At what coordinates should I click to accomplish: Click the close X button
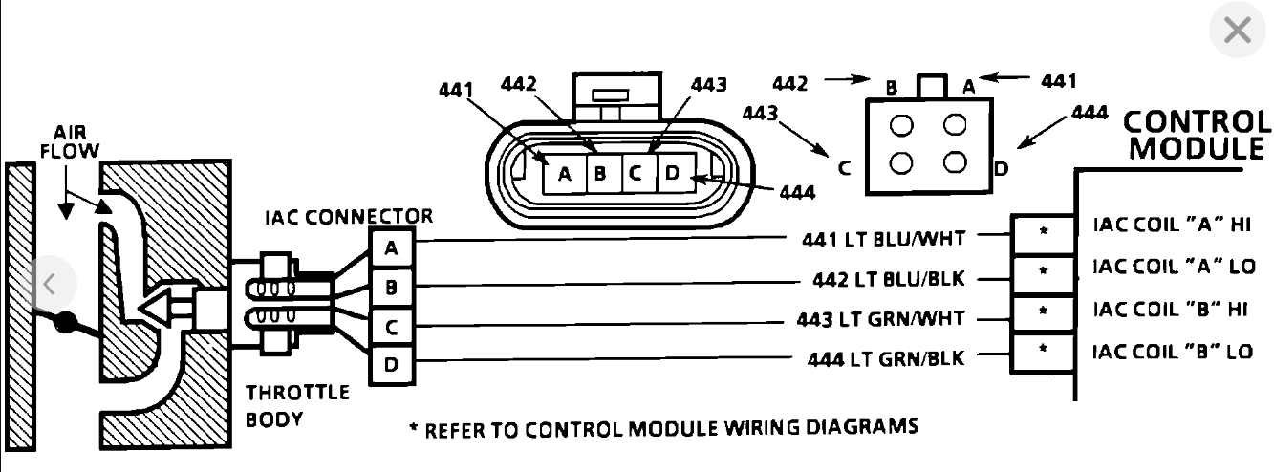click(x=1237, y=32)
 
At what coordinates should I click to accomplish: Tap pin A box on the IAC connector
click(x=391, y=249)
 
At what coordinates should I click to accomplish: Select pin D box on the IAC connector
click(x=391, y=363)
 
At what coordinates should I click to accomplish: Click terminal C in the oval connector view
click(x=634, y=173)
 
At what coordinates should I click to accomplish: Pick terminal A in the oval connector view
click(x=564, y=174)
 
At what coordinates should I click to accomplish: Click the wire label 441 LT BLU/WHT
click(x=880, y=238)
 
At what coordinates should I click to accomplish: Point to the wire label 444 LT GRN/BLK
click(x=884, y=359)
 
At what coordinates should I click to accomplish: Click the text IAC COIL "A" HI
click(x=1171, y=225)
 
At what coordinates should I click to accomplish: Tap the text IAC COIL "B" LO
click(x=1172, y=351)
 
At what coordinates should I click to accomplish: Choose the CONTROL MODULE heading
click(x=1198, y=135)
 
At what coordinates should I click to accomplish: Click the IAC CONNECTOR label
click(x=348, y=217)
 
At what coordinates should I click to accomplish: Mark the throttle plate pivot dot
click(x=66, y=323)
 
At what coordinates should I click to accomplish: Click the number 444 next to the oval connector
click(x=796, y=192)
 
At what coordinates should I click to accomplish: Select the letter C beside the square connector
click(x=845, y=169)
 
